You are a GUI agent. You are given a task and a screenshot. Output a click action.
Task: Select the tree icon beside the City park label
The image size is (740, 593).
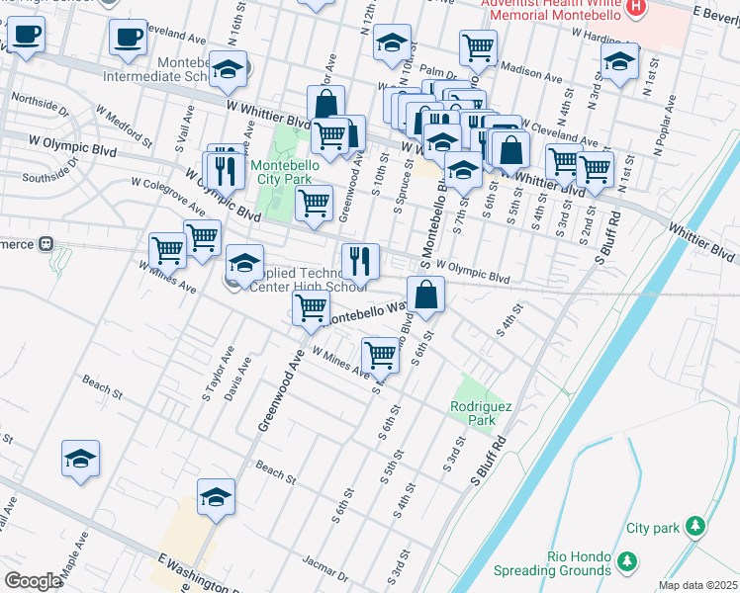[x=696, y=525]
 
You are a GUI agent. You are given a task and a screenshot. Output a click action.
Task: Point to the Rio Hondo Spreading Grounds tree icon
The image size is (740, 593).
[x=625, y=562]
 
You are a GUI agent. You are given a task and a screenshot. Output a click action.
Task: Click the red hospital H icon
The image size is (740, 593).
[x=637, y=8]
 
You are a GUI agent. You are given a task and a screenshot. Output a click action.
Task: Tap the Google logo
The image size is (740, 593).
[x=33, y=581]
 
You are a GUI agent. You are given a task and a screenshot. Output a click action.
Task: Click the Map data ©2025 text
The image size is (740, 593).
[x=697, y=585]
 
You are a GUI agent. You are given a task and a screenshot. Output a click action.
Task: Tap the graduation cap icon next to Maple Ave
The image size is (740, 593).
[x=81, y=459]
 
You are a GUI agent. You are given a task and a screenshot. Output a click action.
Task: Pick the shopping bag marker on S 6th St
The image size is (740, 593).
[x=425, y=295]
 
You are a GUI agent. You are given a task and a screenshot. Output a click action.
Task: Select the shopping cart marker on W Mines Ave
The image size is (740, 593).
[x=381, y=354]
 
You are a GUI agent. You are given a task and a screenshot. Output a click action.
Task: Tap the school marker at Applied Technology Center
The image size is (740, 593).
[x=244, y=263]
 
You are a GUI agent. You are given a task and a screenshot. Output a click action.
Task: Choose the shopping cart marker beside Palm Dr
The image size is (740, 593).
[x=478, y=46]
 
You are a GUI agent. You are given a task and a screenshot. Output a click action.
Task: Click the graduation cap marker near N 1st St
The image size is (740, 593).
[x=619, y=61]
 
